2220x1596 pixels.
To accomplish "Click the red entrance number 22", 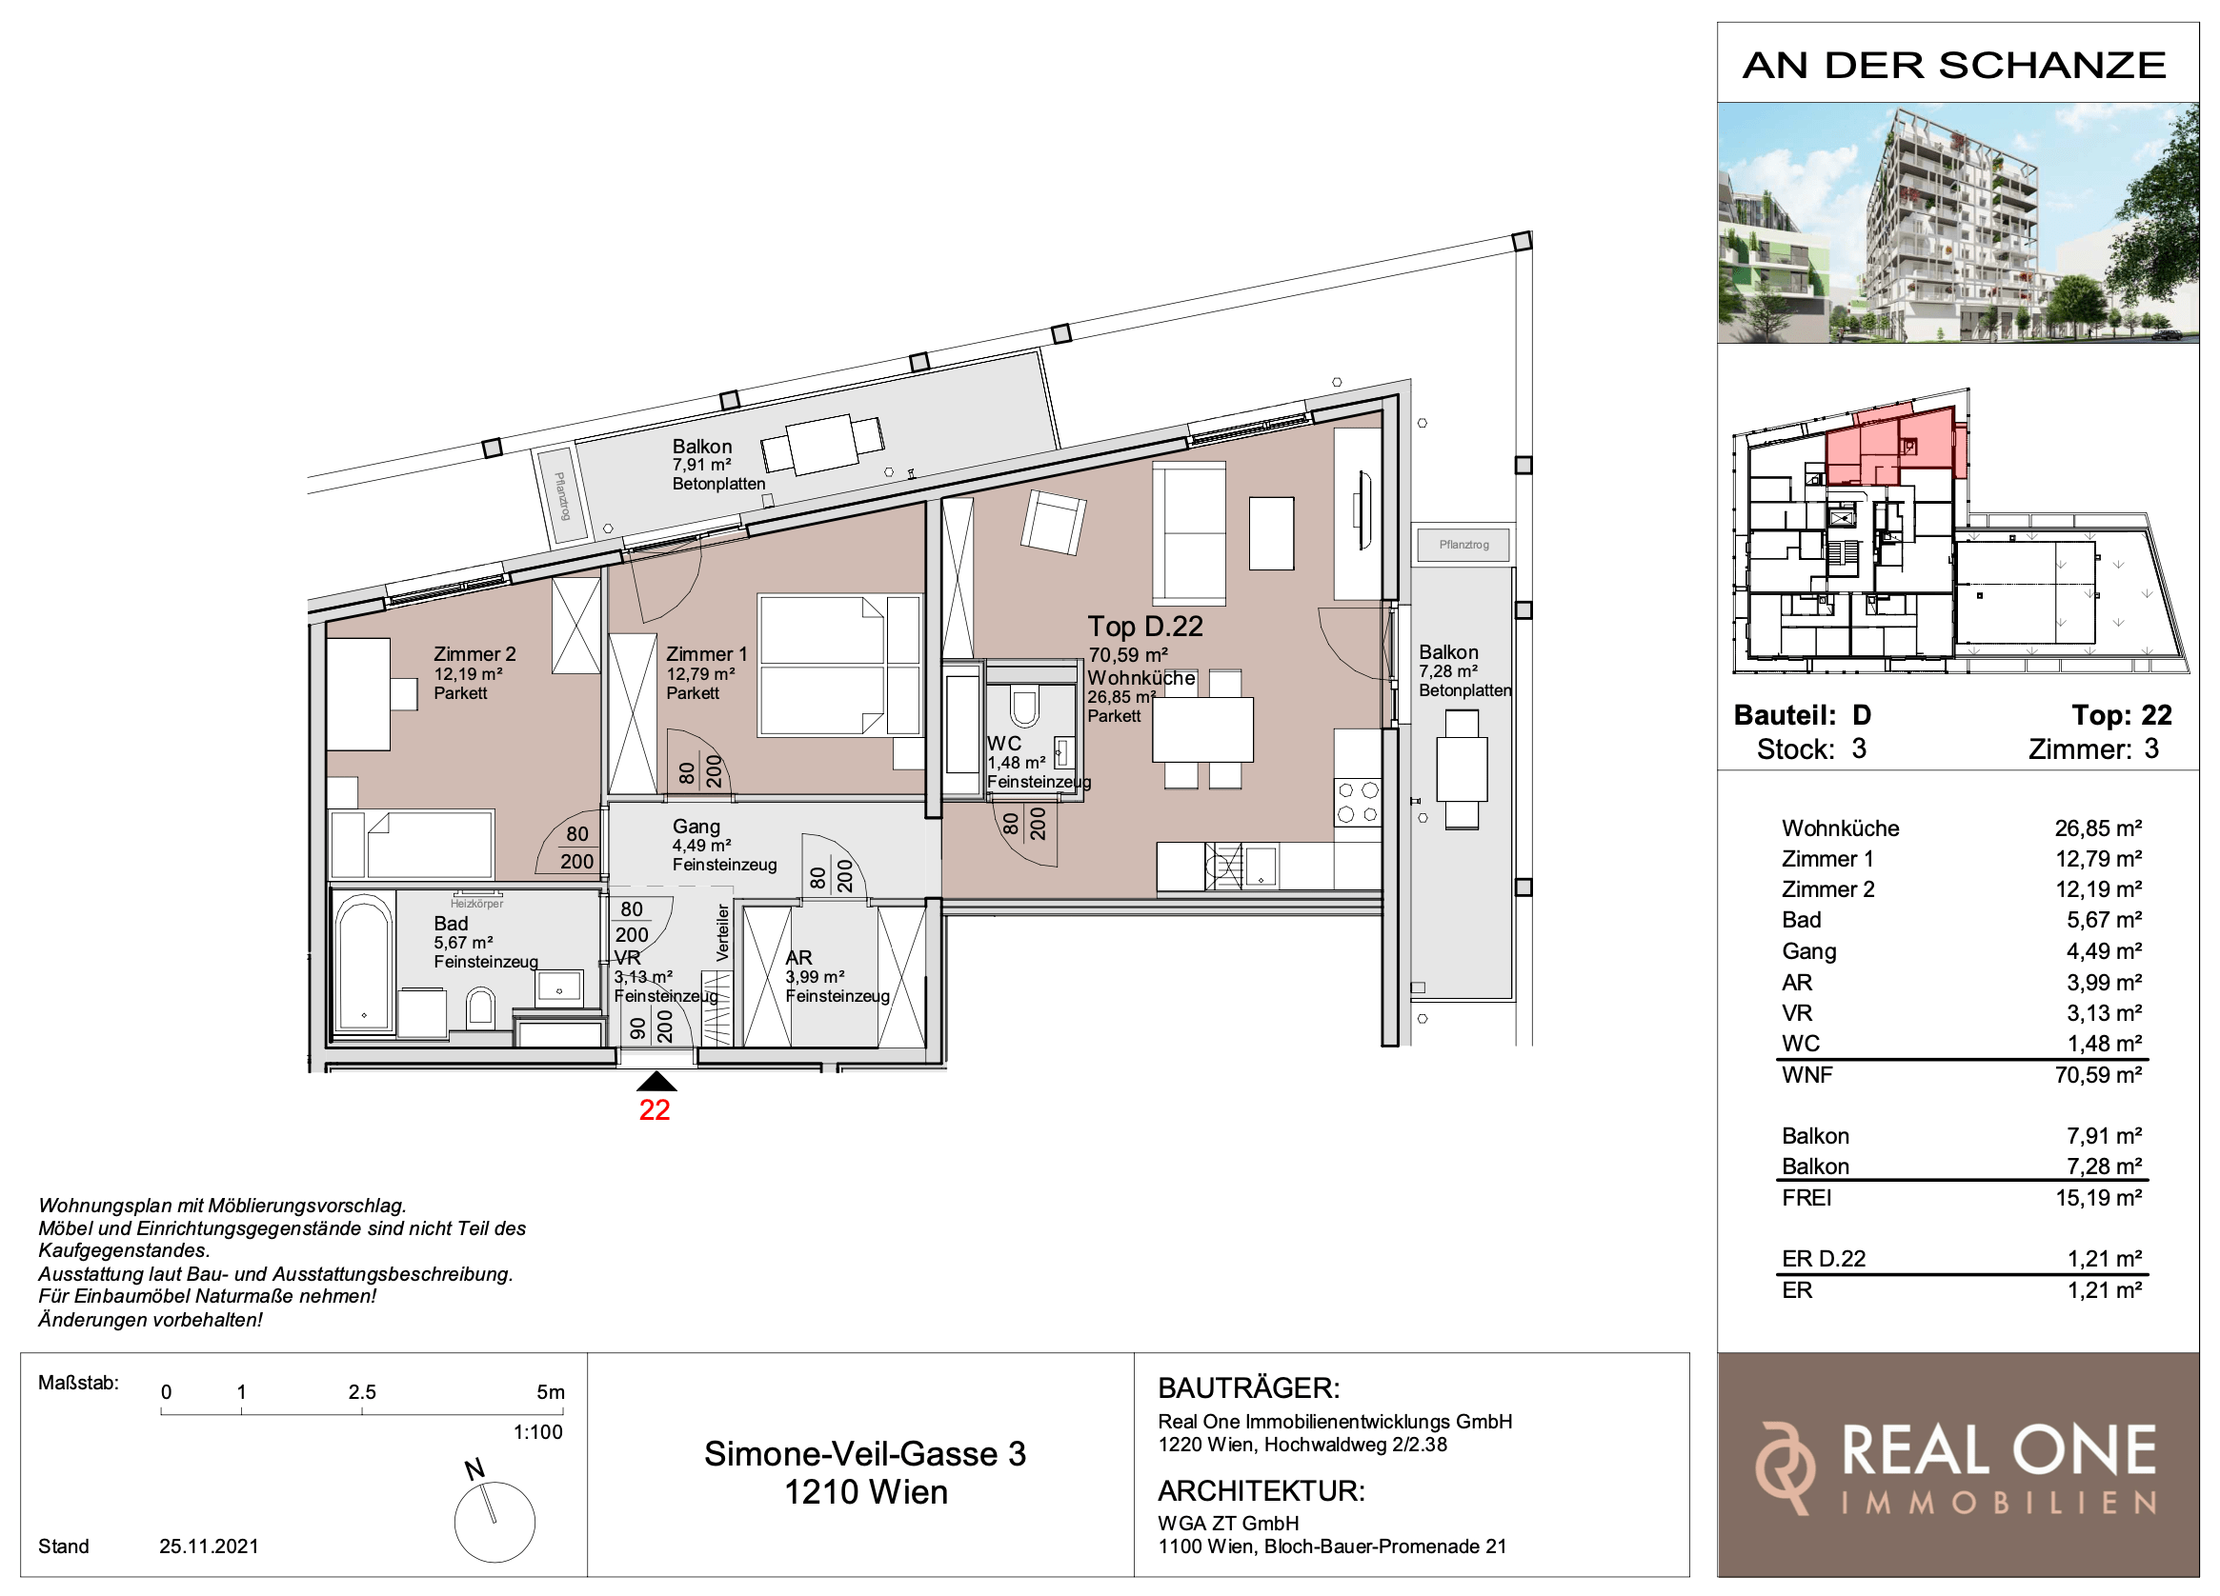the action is [x=654, y=1109].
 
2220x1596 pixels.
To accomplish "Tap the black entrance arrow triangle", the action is [x=656, y=1080].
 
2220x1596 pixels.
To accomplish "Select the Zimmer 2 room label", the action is [x=474, y=653].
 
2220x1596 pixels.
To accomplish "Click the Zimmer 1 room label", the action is [x=707, y=653].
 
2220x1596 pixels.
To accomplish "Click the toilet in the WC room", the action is [x=1024, y=707].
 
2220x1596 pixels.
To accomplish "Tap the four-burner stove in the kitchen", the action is [x=1358, y=802].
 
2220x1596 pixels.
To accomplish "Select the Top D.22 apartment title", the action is [x=1145, y=627].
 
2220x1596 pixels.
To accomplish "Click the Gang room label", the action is [x=696, y=827].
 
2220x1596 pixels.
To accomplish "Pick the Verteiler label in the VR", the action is [x=722, y=931].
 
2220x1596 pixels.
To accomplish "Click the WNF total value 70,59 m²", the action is [x=2099, y=1074].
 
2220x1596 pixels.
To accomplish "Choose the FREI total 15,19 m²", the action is [x=2099, y=1198].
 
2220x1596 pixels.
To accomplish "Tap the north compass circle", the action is [x=494, y=1522].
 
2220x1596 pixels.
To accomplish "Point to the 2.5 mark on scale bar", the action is [x=362, y=1391].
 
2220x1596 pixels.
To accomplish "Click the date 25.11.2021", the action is [x=209, y=1546].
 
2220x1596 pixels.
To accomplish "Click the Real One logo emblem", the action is [x=1785, y=1468].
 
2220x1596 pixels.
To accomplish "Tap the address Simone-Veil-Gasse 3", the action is [x=865, y=1454].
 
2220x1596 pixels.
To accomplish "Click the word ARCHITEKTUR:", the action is [x=1261, y=1491].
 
